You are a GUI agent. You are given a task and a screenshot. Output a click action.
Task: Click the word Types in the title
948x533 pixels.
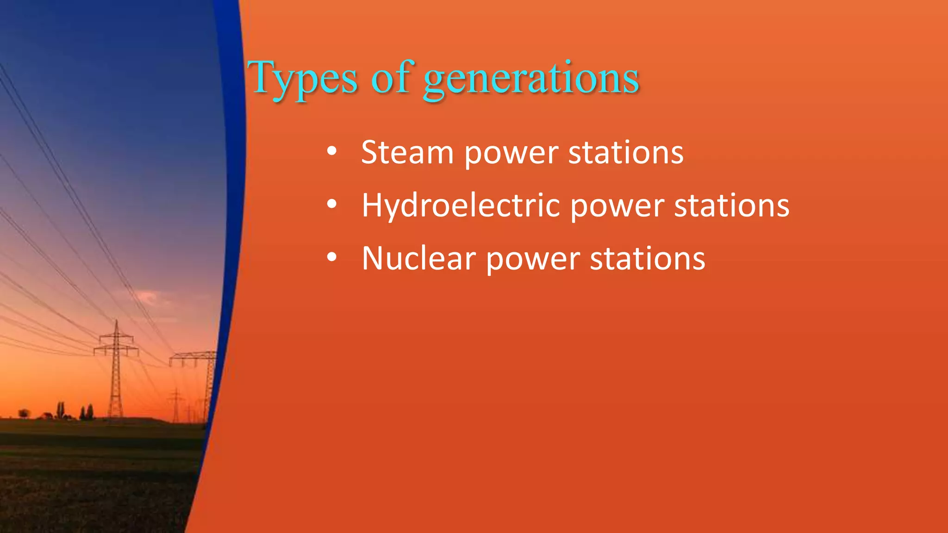303,79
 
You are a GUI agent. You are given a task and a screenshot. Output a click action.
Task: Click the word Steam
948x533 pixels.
407,152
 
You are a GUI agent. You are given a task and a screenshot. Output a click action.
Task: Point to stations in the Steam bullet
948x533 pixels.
626,152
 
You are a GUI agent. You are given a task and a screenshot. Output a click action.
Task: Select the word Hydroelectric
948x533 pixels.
461,205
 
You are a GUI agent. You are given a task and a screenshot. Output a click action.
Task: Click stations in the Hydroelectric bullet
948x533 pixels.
731,205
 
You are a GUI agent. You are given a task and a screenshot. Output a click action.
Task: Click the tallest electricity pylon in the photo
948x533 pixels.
116,370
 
